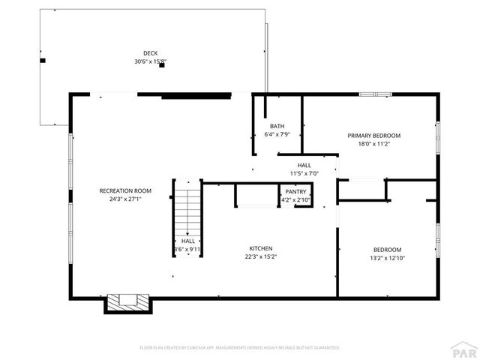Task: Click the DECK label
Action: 151,52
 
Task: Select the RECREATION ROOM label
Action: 121,190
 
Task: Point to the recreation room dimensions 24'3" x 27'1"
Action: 121,199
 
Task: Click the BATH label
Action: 277,126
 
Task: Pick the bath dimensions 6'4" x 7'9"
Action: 277,135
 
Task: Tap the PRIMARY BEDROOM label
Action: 373,136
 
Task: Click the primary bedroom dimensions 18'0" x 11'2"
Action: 373,144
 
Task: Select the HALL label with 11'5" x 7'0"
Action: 304,165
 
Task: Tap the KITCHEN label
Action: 261,248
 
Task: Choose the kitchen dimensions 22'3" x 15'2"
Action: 261,257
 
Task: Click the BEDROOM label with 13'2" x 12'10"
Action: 388,250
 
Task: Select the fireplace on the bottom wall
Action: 127,303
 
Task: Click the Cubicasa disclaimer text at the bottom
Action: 240,348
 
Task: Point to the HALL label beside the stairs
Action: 187,241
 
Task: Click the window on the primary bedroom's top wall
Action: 375,94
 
